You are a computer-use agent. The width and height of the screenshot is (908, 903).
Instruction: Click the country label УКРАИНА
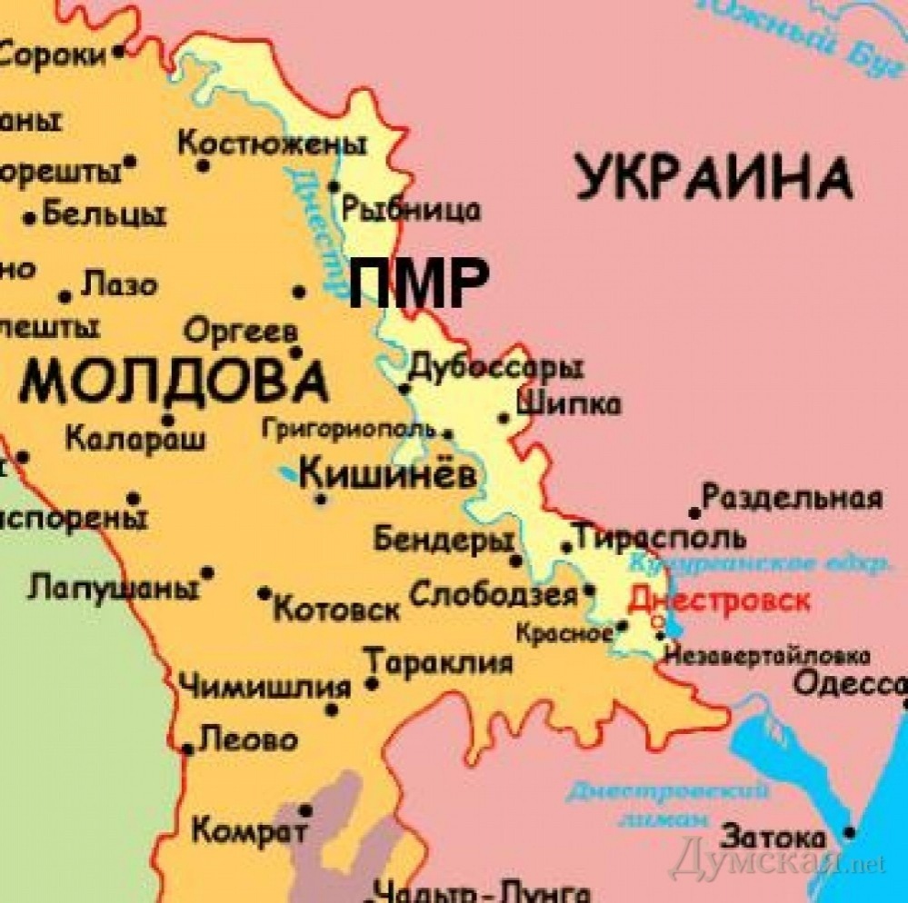pyautogui.click(x=714, y=178)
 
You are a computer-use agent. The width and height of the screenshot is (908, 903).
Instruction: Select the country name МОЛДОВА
pyautogui.click(x=173, y=381)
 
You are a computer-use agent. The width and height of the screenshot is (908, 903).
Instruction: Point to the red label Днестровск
pyautogui.click(x=719, y=601)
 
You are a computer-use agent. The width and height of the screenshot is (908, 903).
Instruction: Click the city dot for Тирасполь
pyautogui.click(x=567, y=547)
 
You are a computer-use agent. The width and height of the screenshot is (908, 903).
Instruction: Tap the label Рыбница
pyautogui.click(x=411, y=210)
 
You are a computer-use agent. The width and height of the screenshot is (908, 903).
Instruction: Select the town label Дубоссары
pyautogui.click(x=495, y=367)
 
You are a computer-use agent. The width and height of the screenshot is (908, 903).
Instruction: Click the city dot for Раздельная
pyautogui.click(x=695, y=513)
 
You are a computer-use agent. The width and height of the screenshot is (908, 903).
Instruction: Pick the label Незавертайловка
pyautogui.click(x=767, y=655)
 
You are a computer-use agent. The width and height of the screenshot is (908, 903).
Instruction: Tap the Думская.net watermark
pyautogui.click(x=777, y=858)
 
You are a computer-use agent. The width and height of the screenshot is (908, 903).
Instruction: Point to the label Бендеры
pyautogui.click(x=443, y=540)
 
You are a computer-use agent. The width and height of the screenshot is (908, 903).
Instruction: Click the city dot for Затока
pyautogui.click(x=850, y=832)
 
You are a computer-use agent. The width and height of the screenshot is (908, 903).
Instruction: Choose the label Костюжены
pyautogui.click(x=272, y=144)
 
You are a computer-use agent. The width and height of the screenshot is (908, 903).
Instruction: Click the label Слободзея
pyautogui.click(x=494, y=595)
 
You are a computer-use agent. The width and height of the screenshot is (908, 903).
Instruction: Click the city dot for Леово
pyautogui.click(x=187, y=749)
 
